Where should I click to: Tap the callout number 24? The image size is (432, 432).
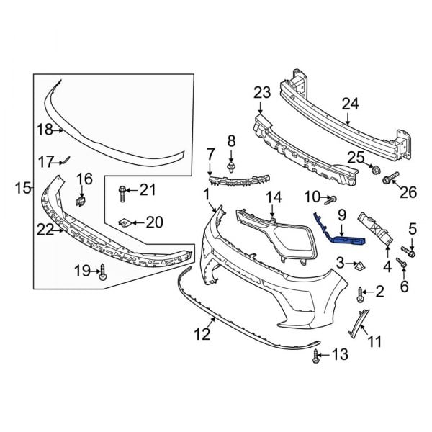point(349,104)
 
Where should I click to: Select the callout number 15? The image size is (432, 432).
point(22,189)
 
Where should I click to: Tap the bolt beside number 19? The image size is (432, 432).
point(102,272)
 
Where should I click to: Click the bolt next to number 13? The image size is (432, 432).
point(316,354)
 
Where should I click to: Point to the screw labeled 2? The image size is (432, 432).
point(360,292)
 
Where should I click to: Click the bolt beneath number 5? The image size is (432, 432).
point(411,253)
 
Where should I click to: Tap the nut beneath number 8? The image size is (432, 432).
point(231,168)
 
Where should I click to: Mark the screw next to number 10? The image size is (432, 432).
point(331,199)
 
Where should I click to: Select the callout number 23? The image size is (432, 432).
point(261,92)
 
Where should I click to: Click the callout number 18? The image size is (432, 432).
point(45,130)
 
